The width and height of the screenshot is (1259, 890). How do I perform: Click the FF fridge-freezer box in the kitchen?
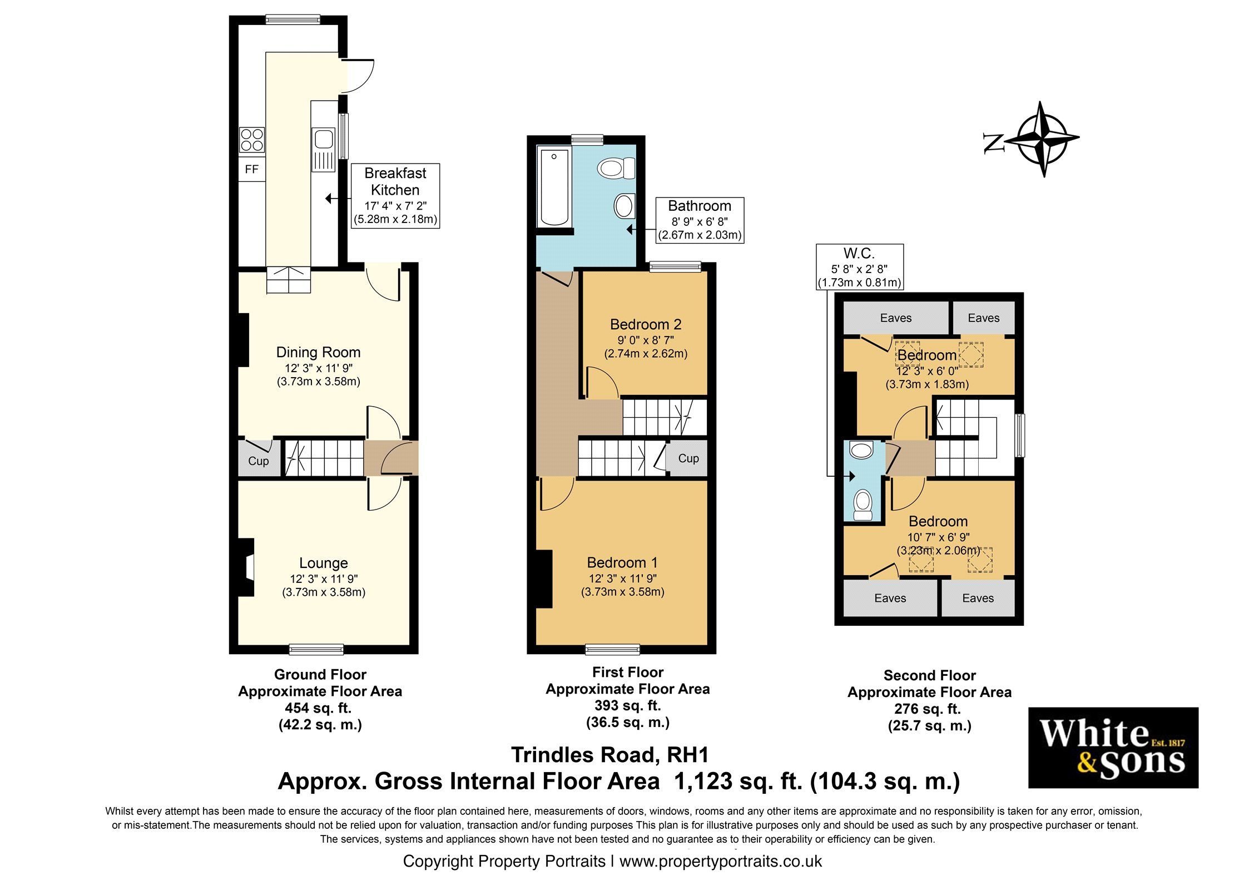pos(252,169)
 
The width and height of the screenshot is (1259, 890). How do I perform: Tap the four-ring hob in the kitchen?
pos(252,139)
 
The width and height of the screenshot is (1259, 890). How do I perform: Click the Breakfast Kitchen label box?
pos(395,195)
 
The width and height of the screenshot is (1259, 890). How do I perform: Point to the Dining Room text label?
pos(318,352)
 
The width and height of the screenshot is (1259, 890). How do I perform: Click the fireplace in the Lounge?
pos(246,567)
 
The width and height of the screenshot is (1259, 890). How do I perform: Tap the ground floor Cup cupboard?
pos(259,458)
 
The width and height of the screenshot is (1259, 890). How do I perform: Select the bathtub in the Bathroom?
pos(554,187)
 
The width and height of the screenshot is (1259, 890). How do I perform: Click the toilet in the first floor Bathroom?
pos(616,168)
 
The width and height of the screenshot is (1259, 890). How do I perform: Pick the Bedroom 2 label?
pos(645,324)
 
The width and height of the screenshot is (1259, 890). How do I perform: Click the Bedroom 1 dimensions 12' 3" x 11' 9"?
pos(622,578)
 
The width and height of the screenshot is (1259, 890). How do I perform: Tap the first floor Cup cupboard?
pos(688,458)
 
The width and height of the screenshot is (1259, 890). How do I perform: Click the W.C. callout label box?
pos(859,268)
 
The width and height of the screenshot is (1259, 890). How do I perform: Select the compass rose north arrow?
pos(1042,139)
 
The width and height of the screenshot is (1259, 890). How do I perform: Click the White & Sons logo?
pos(1113,748)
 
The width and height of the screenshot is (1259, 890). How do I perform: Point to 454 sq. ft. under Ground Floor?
pos(318,708)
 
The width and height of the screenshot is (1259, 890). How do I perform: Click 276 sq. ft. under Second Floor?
pos(928,709)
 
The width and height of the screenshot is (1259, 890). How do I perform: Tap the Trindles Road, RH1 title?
pos(609,755)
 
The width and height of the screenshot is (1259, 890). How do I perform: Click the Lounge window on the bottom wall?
pos(316,649)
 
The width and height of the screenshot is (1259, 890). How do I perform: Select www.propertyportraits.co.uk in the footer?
pos(720,862)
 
